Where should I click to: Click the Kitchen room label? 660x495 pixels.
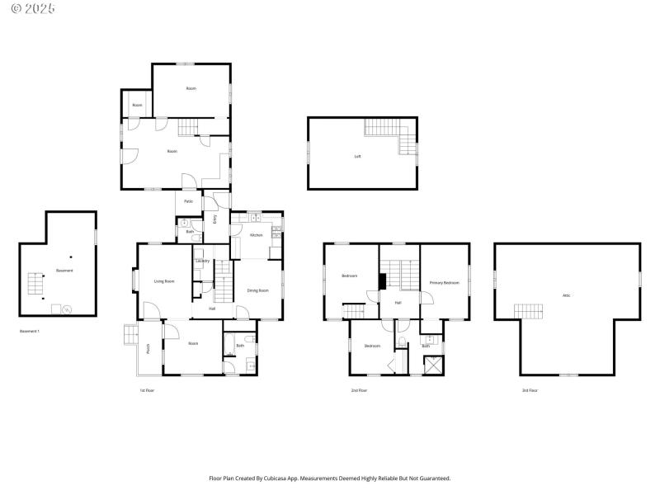pyautogui.click(x=256, y=235)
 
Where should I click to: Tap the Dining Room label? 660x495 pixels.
pyautogui.click(x=258, y=290)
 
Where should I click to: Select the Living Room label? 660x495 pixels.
pyautogui.click(x=164, y=281)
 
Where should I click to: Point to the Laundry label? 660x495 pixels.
pyautogui.click(x=202, y=262)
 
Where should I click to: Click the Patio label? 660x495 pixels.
pyautogui.click(x=188, y=201)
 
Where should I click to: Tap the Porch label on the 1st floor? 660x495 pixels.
pyautogui.click(x=148, y=348)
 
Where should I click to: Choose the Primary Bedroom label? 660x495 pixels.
pyautogui.click(x=444, y=283)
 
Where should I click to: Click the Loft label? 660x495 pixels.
pyautogui.click(x=357, y=156)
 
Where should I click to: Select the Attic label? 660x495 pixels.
pyautogui.click(x=566, y=295)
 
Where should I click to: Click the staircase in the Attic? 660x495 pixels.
pyautogui.click(x=530, y=311)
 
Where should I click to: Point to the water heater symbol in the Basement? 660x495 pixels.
pyautogui.click(x=67, y=310)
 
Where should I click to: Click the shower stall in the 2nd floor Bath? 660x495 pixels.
pyautogui.click(x=432, y=364)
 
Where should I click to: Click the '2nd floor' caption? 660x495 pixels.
pyautogui.click(x=359, y=390)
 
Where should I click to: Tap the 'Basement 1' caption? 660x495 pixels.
pyautogui.click(x=30, y=331)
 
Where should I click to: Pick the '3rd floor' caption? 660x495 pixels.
pyautogui.click(x=530, y=390)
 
